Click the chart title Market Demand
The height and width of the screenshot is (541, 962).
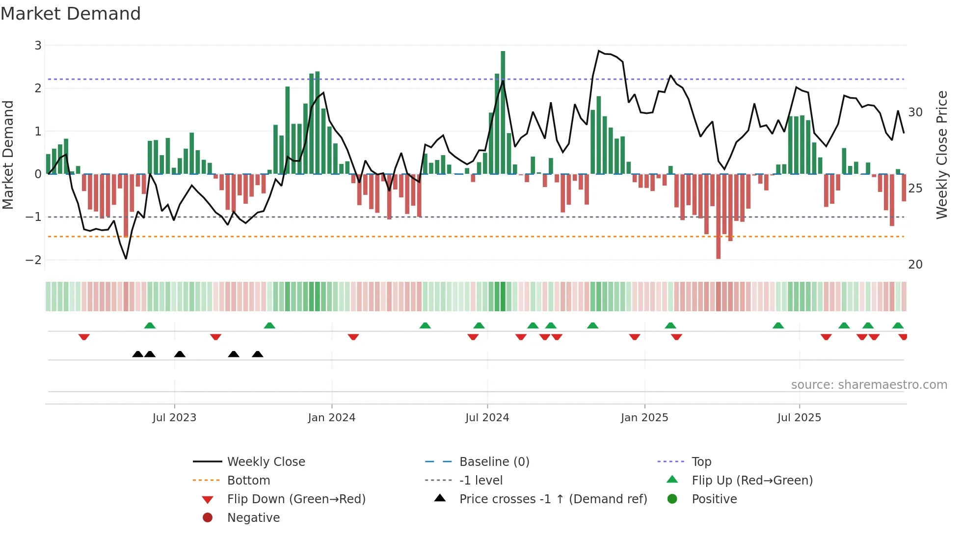tap(71, 14)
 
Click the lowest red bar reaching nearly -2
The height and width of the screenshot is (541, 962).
tap(718, 216)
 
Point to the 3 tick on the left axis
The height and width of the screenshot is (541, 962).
tap(38, 46)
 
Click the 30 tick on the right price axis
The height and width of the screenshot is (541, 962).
tap(915, 112)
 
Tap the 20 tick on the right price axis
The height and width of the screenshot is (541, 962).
tap(915, 265)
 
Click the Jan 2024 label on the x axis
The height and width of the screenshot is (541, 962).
tap(331, 418)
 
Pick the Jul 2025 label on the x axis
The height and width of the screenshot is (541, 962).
tap(799, 418)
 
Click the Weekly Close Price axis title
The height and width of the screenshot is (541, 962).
tap(941, 155)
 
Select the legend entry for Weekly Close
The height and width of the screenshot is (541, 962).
tap(266, 462)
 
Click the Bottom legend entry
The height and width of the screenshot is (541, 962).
tap(248, 481)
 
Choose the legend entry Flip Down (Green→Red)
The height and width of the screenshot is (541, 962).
tap(296, 499)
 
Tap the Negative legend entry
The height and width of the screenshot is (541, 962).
tap(253, 518)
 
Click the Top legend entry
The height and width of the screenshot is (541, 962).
tap(701, 462)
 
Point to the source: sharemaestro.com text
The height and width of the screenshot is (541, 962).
tap(869, 385)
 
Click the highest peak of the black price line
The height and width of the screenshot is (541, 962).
tap(599, 51)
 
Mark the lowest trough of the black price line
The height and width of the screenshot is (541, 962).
tap(126, 259)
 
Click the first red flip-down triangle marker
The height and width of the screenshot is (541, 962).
tap(84, 337)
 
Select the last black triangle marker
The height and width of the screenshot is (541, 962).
tap(258, 354)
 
